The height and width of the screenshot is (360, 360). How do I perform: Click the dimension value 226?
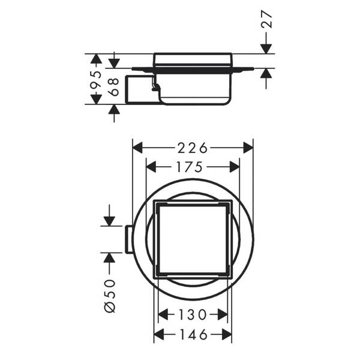click(x=192, y=148)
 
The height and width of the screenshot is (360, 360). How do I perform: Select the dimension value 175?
click(x=192, y=167)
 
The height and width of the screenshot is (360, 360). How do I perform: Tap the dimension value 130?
click(x=192, y=314)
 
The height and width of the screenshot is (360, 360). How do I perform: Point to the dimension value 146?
click(x=192, y=334)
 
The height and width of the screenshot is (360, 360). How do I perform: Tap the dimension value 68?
click(x=114, y=86)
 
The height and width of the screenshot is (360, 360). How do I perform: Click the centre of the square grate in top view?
click(x=192, y=238)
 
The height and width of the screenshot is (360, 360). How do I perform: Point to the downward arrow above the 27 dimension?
click(x=266, y=47)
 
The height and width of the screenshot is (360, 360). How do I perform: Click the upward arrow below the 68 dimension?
click(x=114, y=110)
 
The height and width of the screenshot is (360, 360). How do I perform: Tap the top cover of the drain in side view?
click(x=192, y=59)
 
